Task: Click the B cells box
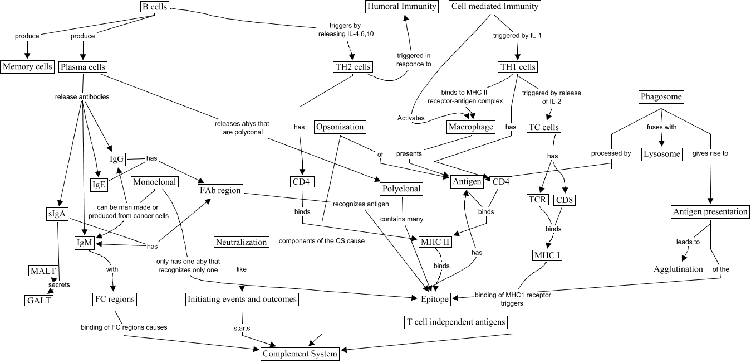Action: pyautogui.click(x=155, y=7)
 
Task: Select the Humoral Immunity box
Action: pyautogui.click(x=401, y=7)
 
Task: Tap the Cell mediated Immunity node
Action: pyautogui.click(x=494, y=7)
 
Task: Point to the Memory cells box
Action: pyautogui.click(x=27, y=67)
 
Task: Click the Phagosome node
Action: pyautogui.click(x=661, y=97)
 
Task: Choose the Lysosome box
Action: pyautogui.click(x=662, y=155)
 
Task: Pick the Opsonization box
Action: pyautogui.click(x=340, y=127)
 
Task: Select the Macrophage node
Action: pyautogui.click(x=471, y=127)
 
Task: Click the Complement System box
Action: pyautogui.click(x=300, y=354)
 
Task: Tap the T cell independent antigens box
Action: pyautogui.click(x=455, y=322)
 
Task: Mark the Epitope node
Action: pyautogui.click(x=434, y=299)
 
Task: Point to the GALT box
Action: pyautogui.click(x=39, y=300)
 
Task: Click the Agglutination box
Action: pyautogui.click(x=678, y=269)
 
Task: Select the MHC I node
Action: pyautogui.click(x=547, y=255)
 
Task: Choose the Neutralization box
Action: pyautogui.click(x=241, y=242)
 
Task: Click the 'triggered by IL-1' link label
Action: pyautogui.click(x=517, y=36)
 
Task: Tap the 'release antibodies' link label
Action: pyautogui.click(x=82, y=97)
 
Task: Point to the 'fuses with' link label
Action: pyautogui.click(x=661, y=127)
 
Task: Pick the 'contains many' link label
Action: pyautogui.click(x=401, y=219)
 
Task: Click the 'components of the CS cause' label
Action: pyautogui.click(x=322, y=241)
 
